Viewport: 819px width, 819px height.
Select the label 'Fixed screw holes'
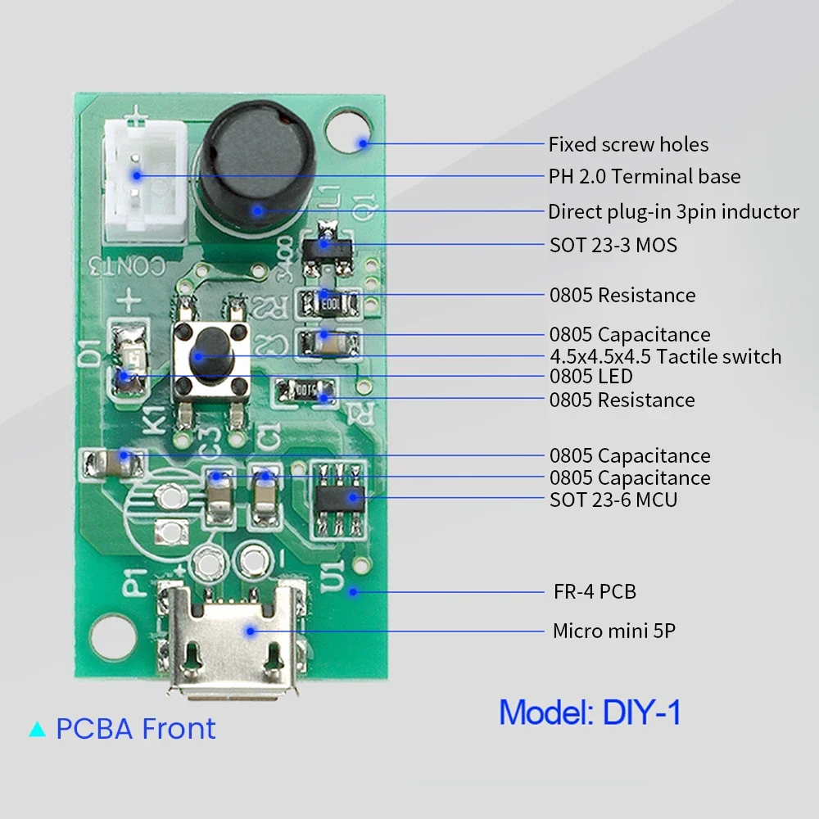pos(628,145)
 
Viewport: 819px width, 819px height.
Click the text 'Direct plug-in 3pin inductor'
pos(673,211)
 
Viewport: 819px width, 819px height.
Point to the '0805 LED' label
pos(590,377)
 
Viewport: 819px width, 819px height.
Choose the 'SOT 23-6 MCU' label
pos(613,499)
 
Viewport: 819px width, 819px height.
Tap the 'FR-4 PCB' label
pos(595,591)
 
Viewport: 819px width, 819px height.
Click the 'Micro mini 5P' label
pos(614,631)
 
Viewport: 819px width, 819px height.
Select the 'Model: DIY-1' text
pos(590,712)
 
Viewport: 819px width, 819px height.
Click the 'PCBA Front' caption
pos(136,728)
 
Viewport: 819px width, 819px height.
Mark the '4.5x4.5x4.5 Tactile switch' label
pos(665,356)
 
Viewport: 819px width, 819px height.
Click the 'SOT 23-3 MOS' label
pos(613,245)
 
